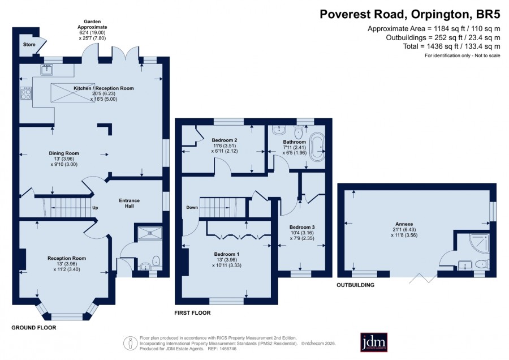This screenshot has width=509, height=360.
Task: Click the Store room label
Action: coord(29,45)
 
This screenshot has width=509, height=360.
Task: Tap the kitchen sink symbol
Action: coord(47,70)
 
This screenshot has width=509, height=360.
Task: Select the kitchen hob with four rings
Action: coord(26,93)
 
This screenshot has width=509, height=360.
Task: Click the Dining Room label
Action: coord(64,153)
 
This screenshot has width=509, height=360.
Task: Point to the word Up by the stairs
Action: coord(95,208)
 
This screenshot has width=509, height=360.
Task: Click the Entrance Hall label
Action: coord(129,203)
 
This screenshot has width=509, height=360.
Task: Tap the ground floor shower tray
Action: coord(150,233)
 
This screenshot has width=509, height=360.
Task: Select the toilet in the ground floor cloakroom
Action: coord(157,261)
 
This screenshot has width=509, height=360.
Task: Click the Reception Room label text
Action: coord(67,258)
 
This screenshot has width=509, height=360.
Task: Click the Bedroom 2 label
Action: coord(225,140)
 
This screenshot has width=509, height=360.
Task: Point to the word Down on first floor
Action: coord(192,207)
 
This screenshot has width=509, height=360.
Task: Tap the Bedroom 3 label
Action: coord(302,227)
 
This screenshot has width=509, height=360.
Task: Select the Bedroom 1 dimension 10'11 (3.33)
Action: coord(227,265)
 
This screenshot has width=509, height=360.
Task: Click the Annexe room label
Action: coord(404,224)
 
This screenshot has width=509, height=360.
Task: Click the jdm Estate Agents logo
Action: coord(374,342)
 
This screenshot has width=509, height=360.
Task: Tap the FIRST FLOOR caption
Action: coord(192,313)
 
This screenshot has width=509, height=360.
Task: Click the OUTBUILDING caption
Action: coord(356,285)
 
